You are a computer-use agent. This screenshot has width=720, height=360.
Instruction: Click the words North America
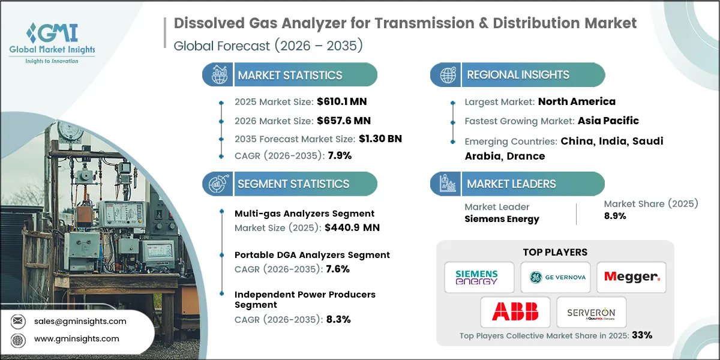(577, 101)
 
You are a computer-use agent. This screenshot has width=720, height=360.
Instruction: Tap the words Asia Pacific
(608, 121)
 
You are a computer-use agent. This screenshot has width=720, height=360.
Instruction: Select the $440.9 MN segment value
(352, 227)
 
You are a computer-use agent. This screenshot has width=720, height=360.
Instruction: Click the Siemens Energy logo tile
(479, 277)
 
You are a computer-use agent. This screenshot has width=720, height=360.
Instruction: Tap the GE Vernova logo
(555, 277)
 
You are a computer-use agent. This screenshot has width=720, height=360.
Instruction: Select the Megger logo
(632, 277)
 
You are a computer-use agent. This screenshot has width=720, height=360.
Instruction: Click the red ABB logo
(515, 311)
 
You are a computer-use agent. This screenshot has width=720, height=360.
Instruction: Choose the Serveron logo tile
(591, 311)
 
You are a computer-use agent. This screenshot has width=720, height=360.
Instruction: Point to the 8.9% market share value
(615, 216)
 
